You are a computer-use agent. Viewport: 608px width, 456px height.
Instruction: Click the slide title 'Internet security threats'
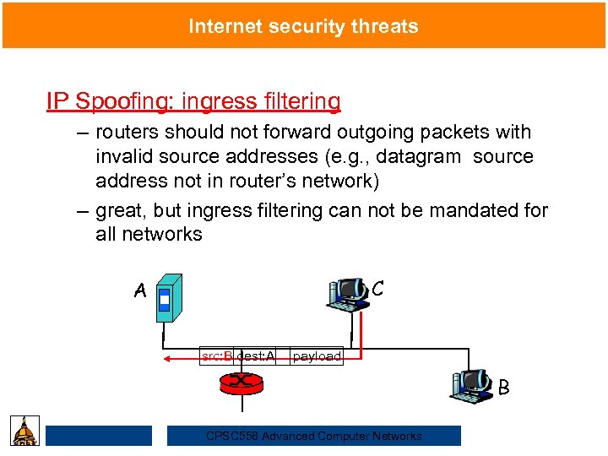[x=303, y=26]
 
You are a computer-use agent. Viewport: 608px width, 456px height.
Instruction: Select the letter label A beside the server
[x=140, y=291]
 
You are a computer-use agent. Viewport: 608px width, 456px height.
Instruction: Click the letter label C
[x=377, y=288]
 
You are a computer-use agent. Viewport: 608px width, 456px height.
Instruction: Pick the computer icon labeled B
[x=473, y=384]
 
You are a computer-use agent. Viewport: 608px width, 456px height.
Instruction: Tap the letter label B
[x=503, y=388]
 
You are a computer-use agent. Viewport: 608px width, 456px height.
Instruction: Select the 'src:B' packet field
[x=217, y=356]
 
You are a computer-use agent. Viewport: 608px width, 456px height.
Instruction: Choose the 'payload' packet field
[x=317, y=356]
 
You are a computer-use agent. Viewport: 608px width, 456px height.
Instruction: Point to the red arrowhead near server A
[x=169, y=358]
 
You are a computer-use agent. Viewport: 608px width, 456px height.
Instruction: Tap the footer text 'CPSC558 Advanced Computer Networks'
[x=314, y=436]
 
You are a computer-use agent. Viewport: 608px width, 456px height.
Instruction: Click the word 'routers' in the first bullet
[x=126, y=133]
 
